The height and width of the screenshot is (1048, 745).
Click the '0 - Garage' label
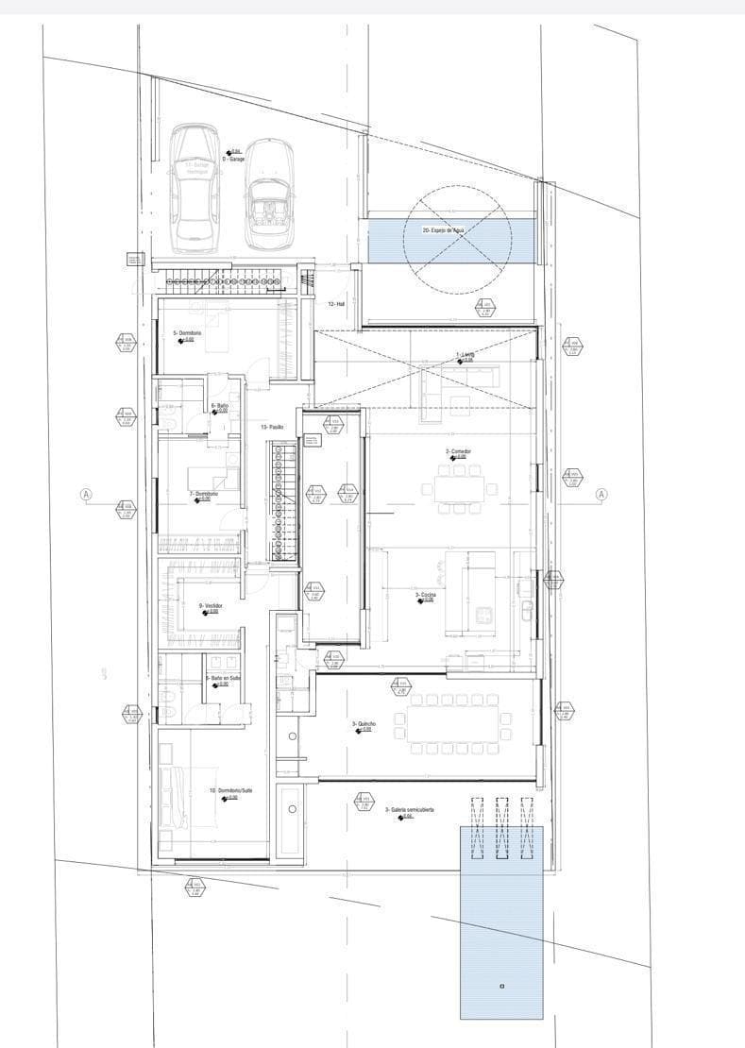pyautogui.click(x=233, y=159)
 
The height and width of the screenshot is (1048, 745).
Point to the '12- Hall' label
pyautogui.click(x=337, y=304)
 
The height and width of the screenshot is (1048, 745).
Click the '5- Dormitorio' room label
pyautogui.click(x=188, y=333)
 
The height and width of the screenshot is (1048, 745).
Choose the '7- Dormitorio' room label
pyautogui.click(x=204, y=494)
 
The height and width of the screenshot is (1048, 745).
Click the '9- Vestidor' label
pyautogui.click(x=209, y=606)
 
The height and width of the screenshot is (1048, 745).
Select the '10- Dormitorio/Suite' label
pyautogui.click(x=230, y=790)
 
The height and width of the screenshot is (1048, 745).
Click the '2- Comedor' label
pyautogui.click(x=458, y=452)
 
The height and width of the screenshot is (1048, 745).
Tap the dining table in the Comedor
pyautogui.click(x=459, y=488)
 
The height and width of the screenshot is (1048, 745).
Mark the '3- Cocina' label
pyautogui.click(x=425, y=595)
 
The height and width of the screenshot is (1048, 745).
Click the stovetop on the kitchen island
pyautogui.click(x=485, y=614)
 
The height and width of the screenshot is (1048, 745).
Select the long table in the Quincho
pyautogui.click(x=454, y=724)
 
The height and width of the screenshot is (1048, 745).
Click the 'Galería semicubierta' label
pyautogui.click(x=408, y=810)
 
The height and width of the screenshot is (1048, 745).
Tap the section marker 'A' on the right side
pyautogui.click(x=601, y=494)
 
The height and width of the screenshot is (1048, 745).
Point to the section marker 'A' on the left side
pyautogui.click(x=86, y=494)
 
